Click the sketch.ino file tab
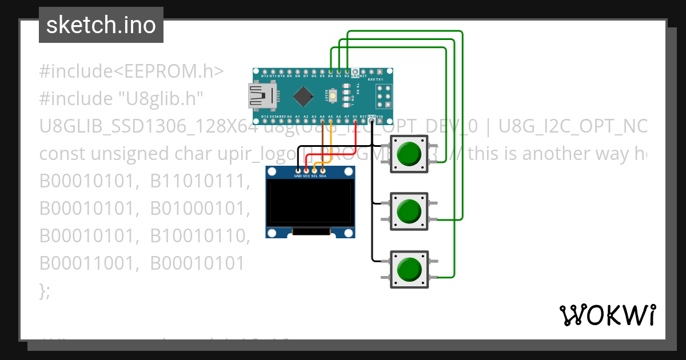101,25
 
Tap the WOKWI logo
607,315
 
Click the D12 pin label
265,75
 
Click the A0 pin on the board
289,116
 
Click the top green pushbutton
408,154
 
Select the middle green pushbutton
408,211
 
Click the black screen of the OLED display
310,203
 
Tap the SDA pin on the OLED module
322,171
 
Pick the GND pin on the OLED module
298,171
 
